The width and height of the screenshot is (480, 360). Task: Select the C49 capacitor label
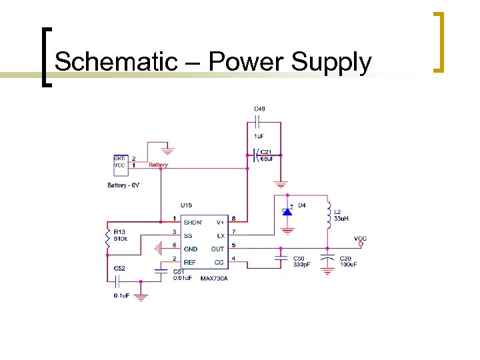pyautogui.click(x=259, y=109)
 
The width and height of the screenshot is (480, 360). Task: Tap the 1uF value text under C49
pyautogui.click(x=259, y=136)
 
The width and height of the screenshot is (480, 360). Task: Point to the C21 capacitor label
pyautogui.click(x=265, y=151)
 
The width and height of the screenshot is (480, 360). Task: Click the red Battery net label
pyautogui.click(x=158, y=165)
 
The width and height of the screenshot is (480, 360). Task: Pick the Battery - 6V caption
pyautogui.click(x=124, y=185)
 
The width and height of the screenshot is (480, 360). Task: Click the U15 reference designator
pyautogui.click(x=186, y=205)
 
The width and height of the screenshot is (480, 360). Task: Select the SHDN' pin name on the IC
pyautogui.click(x=193, y=221)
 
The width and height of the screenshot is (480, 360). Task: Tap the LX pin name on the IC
pyautogui.click(x=221, y=235)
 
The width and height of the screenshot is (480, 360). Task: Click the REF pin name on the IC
pyautogui.click(x=190, y=262)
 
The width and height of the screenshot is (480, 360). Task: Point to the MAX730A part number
pyautogui.click(x=214, y=278)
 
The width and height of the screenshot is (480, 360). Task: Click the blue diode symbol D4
pyautogui.click(x=287, y=211)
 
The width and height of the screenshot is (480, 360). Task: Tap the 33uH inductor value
pyautogui.click(x=341, y=219)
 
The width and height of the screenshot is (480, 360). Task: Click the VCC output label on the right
pyautogui.click(x=360, y=238)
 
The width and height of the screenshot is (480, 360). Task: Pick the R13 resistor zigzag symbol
pyautogui.click(x=108, y=239)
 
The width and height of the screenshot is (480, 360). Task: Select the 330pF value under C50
pyautogui.click(x=301, y=265)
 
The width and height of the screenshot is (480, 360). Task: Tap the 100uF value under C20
pyautogui.click(x=348, y=265)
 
